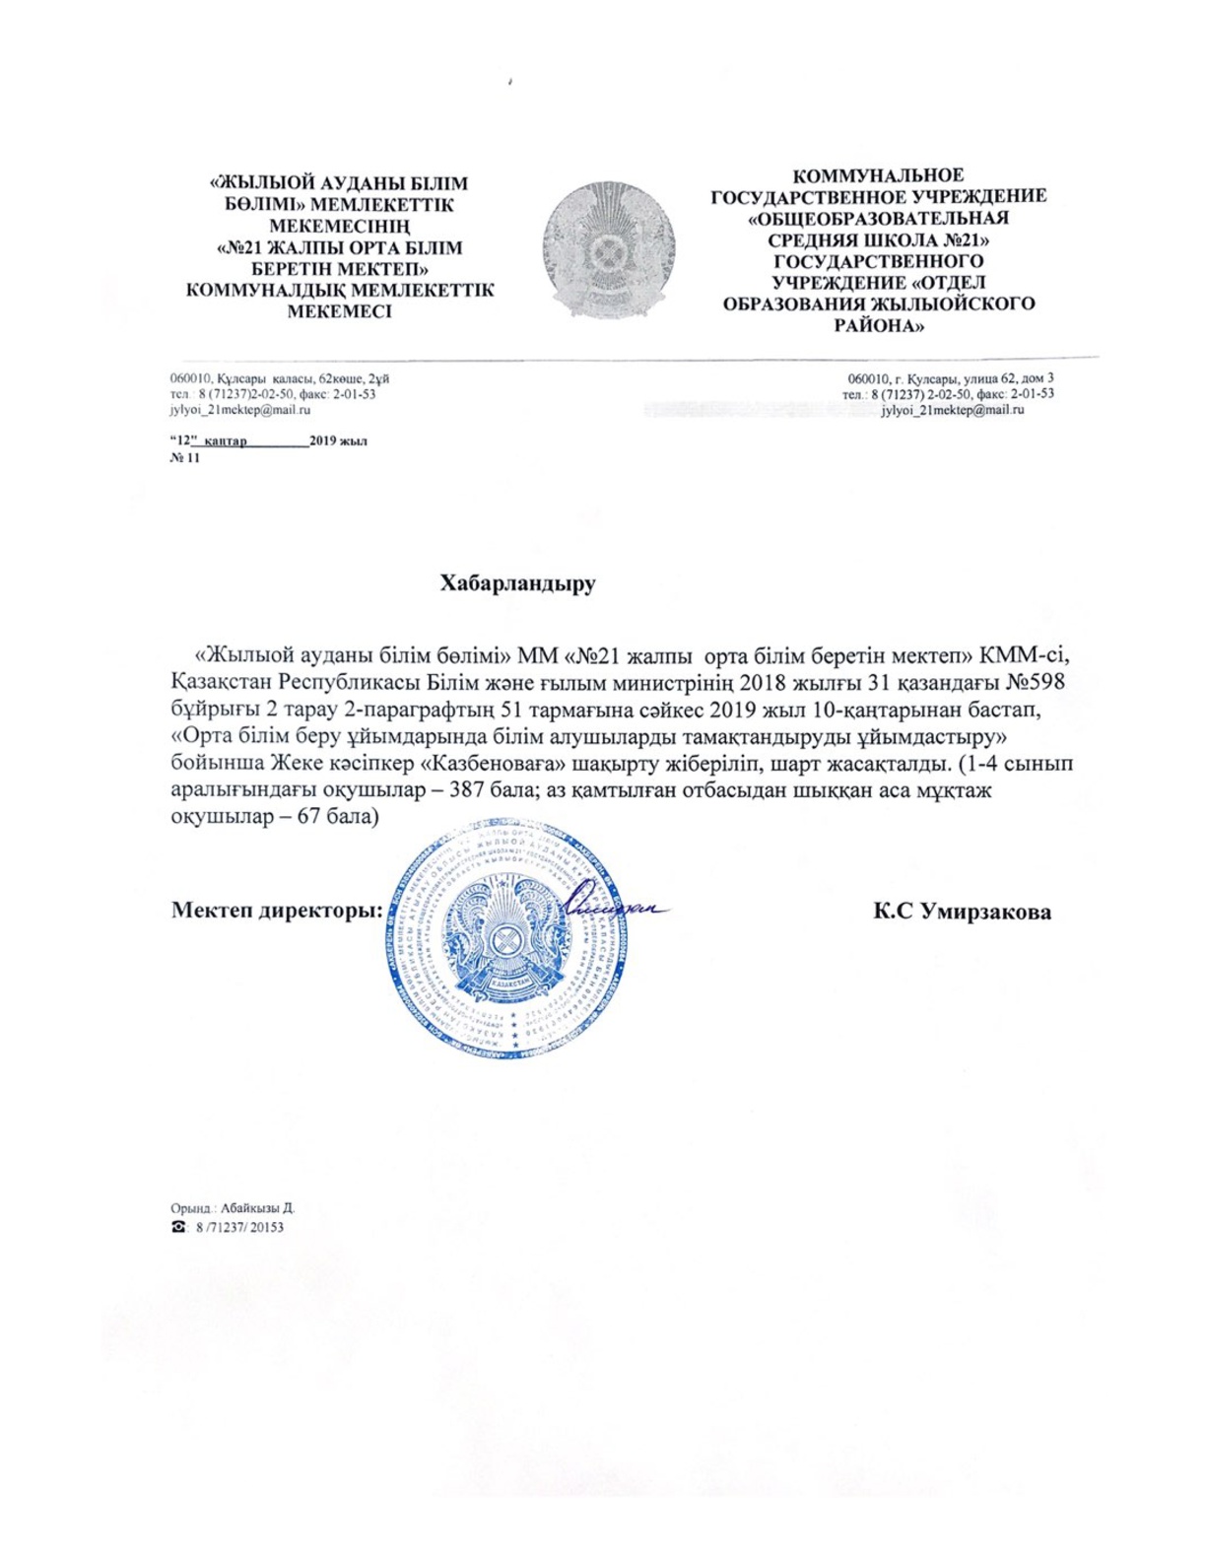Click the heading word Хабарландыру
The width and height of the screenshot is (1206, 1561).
517,582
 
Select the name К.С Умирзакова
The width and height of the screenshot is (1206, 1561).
962,912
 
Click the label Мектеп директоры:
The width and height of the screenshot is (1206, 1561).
277,910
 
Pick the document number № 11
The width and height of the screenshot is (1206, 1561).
184,457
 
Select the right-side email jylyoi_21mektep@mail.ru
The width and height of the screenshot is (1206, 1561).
952,410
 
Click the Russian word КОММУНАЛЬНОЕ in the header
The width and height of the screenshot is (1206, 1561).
879,175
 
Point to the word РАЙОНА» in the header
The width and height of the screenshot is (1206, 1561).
879,325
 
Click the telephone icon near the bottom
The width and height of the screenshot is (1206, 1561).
178,1227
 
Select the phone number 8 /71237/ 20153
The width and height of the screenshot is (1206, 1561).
239,1227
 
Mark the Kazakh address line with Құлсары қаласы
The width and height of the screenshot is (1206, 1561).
280,377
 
